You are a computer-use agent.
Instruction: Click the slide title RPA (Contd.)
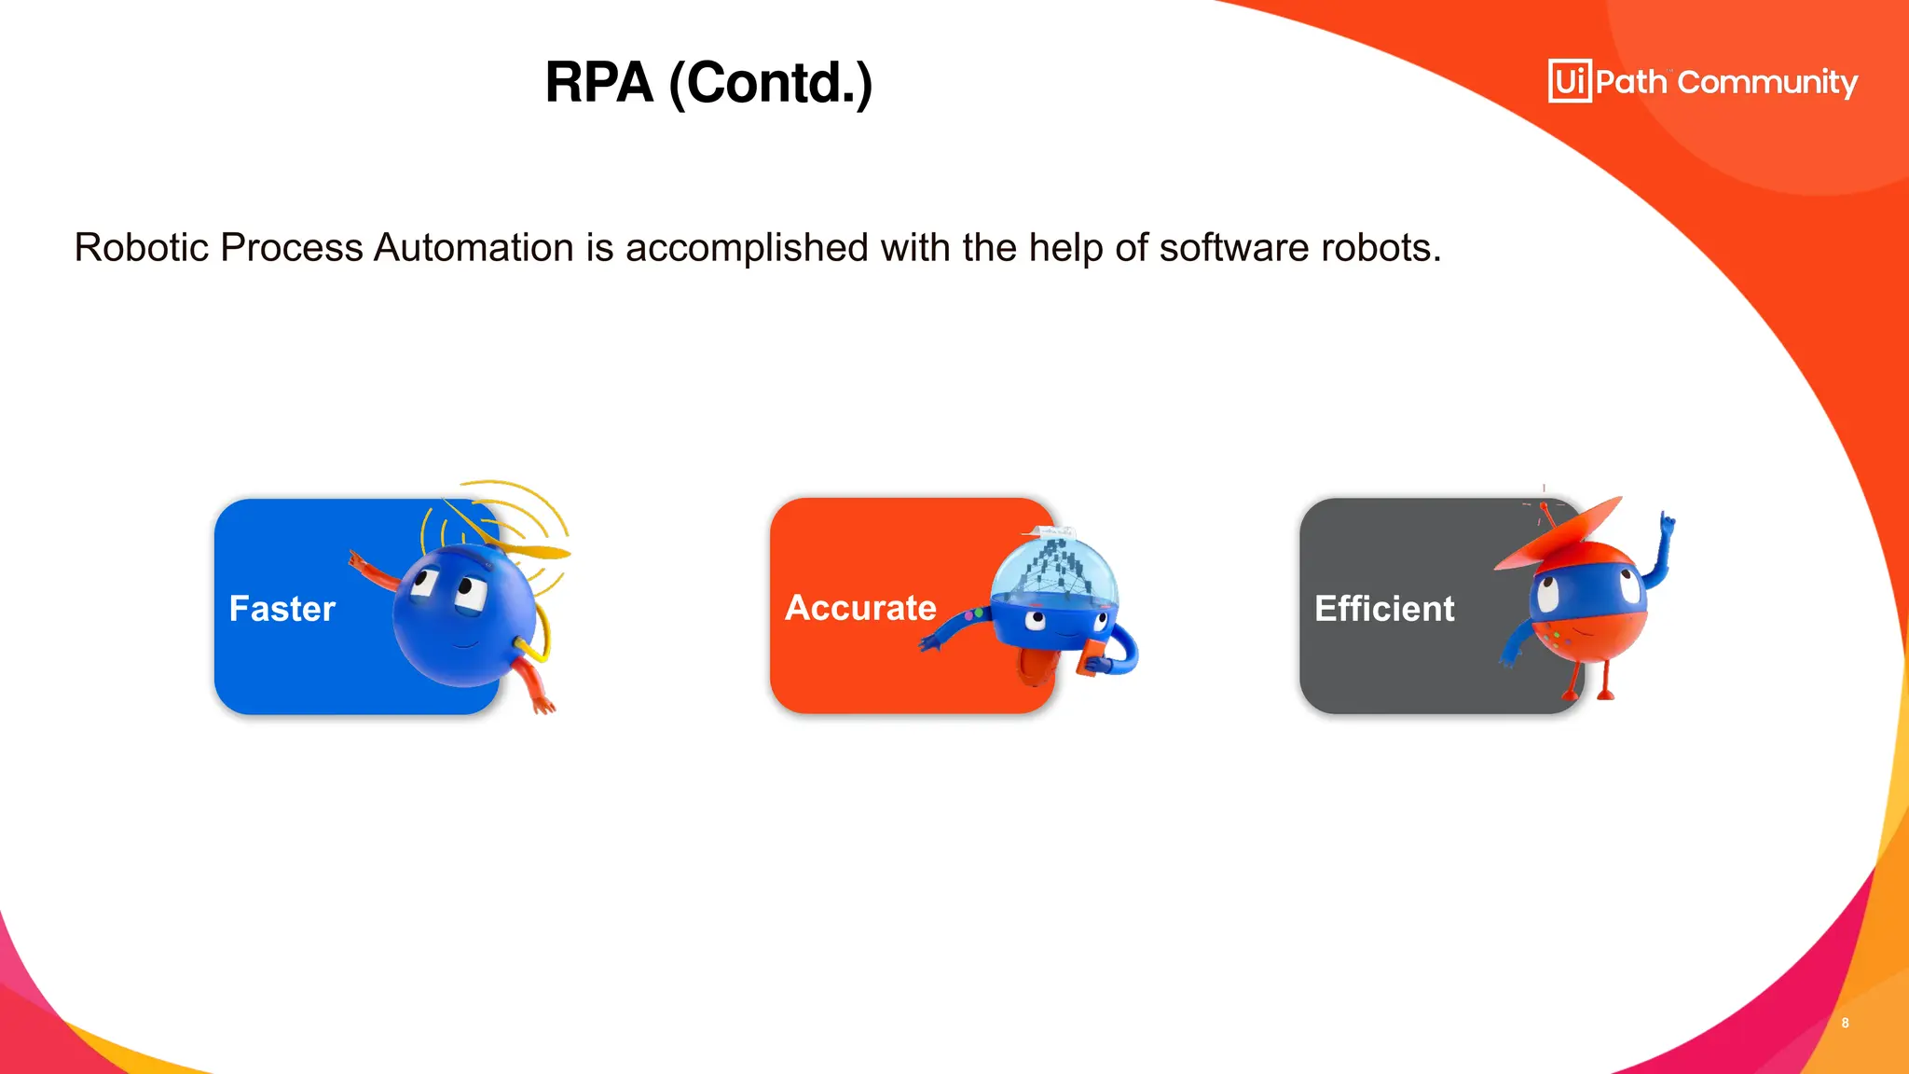click(708, 83)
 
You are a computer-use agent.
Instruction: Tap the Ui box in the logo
click(1570, 81)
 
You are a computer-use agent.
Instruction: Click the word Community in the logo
click(1767, 83)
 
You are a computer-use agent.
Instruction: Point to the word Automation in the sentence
click(474, 248)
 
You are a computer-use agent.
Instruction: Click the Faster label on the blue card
click(282, 609)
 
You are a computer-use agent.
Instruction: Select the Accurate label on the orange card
click(860, 608)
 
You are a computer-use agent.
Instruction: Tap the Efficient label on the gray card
click(1384, 609)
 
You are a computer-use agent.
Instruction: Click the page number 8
click(1845, 1023)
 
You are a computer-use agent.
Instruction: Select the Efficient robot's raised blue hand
click(1667, 527)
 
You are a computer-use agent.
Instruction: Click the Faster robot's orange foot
click(542, 704)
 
